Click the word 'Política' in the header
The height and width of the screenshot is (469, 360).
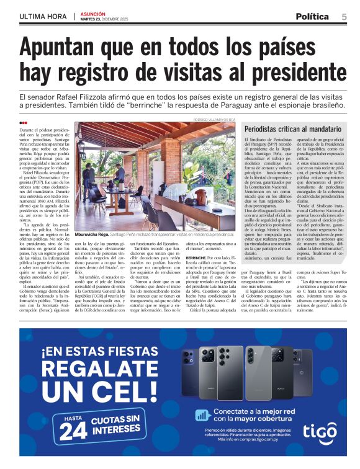(313, 17)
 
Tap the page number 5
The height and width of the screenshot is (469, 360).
(343, 17)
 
